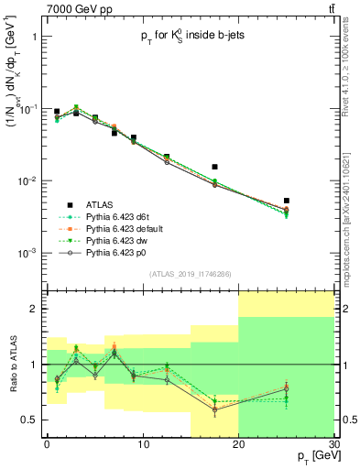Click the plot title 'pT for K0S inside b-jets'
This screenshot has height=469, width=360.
pyautogui.click(x=189, y=35)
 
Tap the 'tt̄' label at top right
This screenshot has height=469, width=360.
pyautogui.click(x=329, y=8)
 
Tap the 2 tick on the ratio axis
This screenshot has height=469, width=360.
pyautogui.click(x=37, y=309)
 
